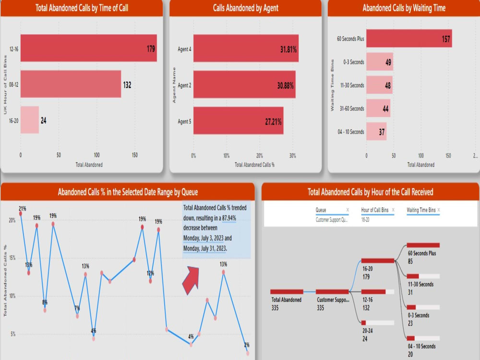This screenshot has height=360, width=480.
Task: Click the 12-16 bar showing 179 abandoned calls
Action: point(88,48)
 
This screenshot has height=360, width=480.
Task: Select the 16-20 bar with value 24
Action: point(29,120)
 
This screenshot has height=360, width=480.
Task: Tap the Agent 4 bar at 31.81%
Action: point(246,48)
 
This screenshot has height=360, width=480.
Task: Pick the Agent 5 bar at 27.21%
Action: point(238,121)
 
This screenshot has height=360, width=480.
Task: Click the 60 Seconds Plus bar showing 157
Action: point(408,38)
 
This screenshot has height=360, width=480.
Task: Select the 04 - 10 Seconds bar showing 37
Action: point(376,132)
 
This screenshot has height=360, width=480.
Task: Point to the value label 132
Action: point(127,85)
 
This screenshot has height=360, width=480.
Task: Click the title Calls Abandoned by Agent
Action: point(245,8)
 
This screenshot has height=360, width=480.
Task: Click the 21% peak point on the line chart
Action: point(21,214)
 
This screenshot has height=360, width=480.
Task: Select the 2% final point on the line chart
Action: point(248,353)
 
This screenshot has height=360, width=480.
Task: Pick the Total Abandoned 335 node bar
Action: point(287,291)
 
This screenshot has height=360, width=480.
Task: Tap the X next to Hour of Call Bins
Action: point(393,210)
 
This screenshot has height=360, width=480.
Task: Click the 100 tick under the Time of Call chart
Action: point(97,155)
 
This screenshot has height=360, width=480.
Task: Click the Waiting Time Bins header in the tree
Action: point(421,210)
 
